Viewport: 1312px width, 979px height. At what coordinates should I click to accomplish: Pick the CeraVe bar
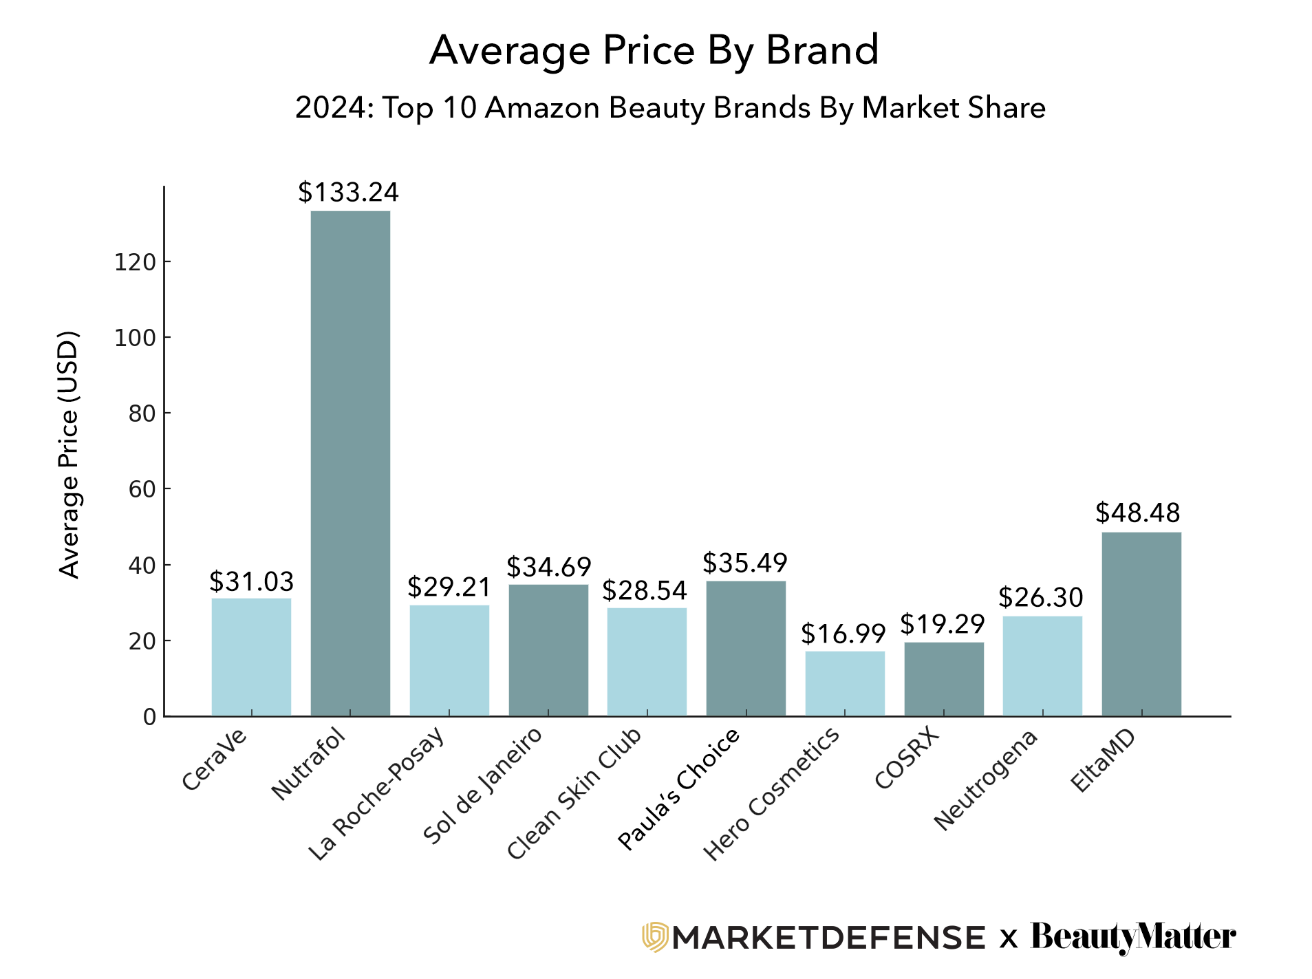click(x=251, y=657)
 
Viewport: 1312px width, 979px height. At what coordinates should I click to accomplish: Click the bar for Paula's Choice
click(x=746, y=648)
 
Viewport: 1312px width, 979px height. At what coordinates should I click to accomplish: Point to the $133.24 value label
click(x=348, y=193)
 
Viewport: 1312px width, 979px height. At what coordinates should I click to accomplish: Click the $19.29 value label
click(x=943, y=625)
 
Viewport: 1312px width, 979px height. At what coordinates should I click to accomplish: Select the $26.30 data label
click(x=1041, y=598)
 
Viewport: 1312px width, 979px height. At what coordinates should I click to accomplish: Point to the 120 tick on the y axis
click(x=134, y=262)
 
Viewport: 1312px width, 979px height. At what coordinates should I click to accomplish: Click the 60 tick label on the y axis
click(x=142, y=489)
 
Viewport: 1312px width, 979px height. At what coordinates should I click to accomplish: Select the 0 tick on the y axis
click(x=149, y=717)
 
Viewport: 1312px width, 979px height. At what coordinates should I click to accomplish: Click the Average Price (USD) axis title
click(x=69, y=455)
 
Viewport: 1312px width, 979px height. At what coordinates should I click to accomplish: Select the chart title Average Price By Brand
click(x=654, y=50)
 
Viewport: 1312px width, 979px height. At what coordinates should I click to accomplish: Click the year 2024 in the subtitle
click(x=330, y=108)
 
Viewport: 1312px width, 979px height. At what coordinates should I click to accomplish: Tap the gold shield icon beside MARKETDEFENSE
click(x=655, y=937)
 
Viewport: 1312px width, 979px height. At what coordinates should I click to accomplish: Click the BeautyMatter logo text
click(x=1132, y=937)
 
